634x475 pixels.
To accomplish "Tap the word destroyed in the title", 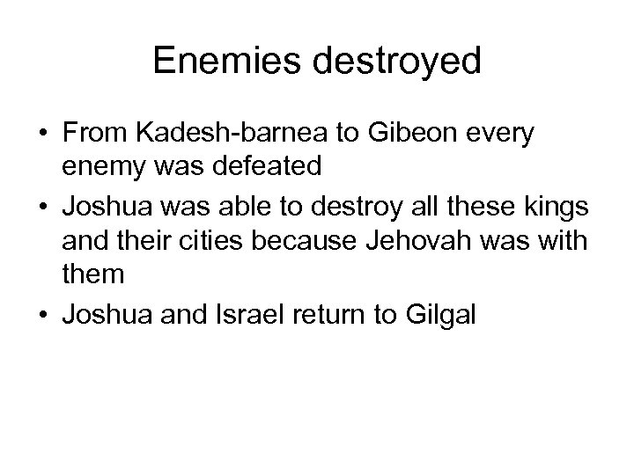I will (x=392, y=62).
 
